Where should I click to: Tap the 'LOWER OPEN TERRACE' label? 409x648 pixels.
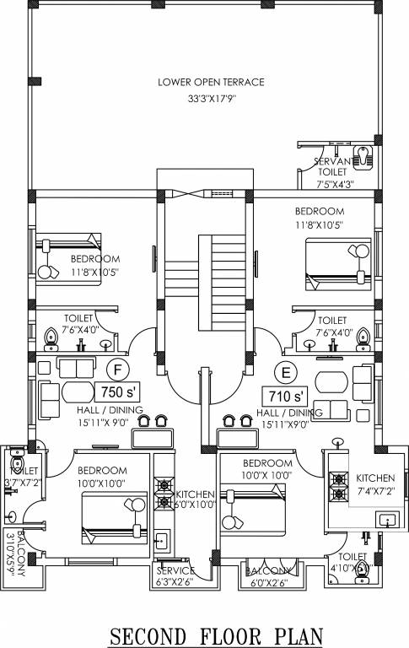(x=211, y=82)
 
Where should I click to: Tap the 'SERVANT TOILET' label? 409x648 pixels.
(x=331, y=165)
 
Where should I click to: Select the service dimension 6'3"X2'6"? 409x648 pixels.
(x=175, y=581)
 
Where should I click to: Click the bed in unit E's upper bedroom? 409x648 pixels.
(x=338, y=262)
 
